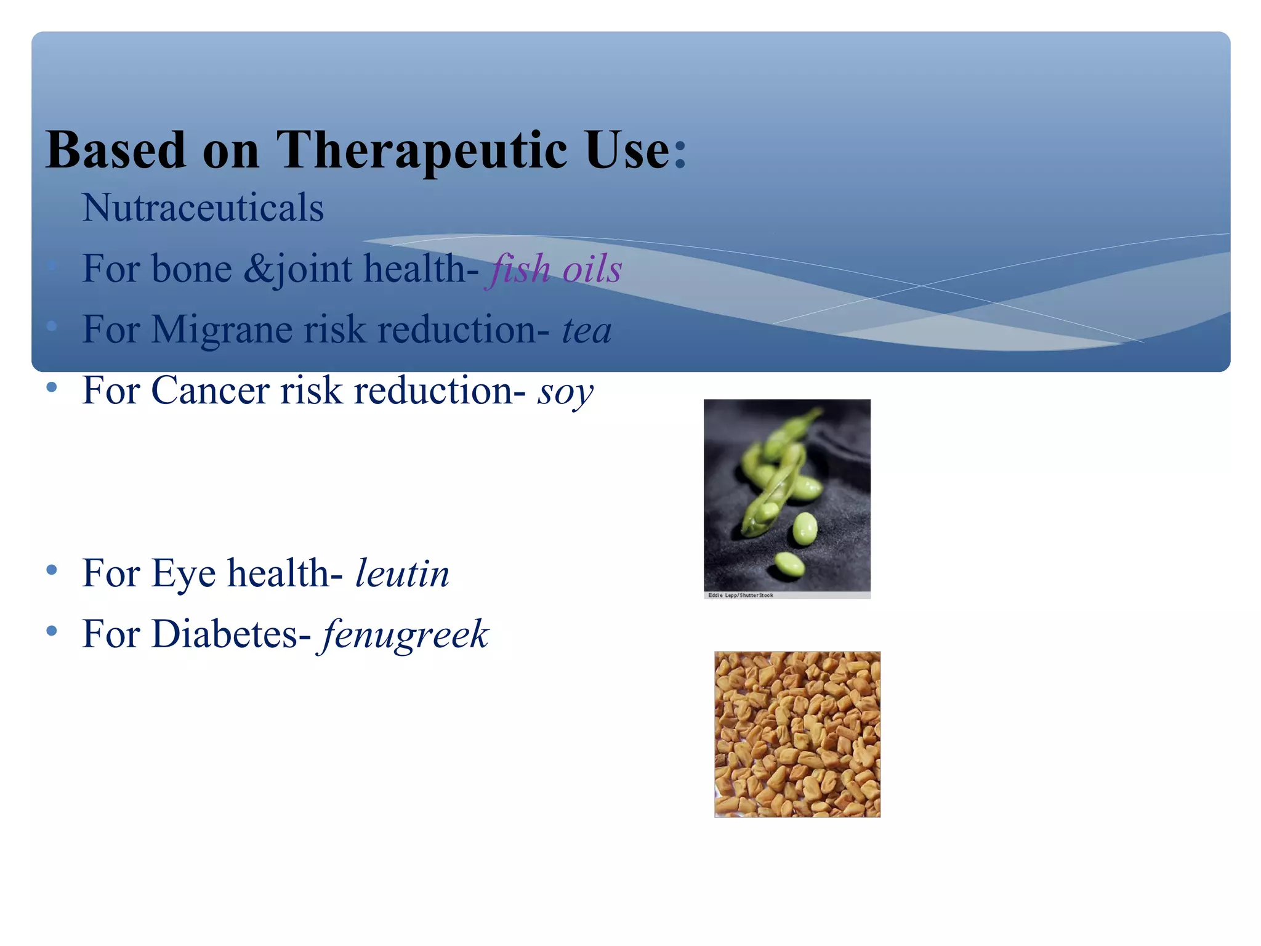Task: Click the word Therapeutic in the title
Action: (422, 151)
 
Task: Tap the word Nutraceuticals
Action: (203, 208)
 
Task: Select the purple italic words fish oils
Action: (554, 269)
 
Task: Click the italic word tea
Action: (587, 330)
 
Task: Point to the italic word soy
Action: (565, 392)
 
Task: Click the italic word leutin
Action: (402, 573)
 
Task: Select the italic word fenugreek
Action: (404, 634)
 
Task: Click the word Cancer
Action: (210, 390)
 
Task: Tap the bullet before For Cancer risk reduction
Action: (52, 387)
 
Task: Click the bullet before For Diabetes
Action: (52, 631)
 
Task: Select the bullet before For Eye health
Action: (52, 570)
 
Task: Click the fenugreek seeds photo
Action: (797, 734)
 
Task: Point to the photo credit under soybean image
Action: (741, 596)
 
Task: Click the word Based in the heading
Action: (116, 151)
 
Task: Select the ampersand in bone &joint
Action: (256, 269)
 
